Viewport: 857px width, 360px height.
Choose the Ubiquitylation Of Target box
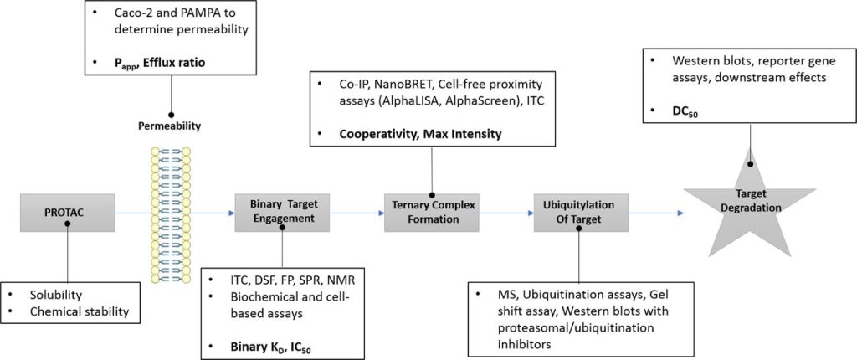580,210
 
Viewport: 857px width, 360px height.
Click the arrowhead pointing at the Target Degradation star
680,212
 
